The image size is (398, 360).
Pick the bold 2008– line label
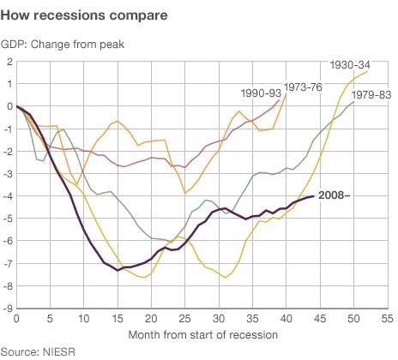point(335,195)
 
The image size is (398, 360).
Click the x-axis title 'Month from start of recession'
point(202,333)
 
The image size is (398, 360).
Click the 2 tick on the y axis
point(9,62)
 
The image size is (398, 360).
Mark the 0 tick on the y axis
point(9,106)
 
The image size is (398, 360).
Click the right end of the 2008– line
point(312,196)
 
